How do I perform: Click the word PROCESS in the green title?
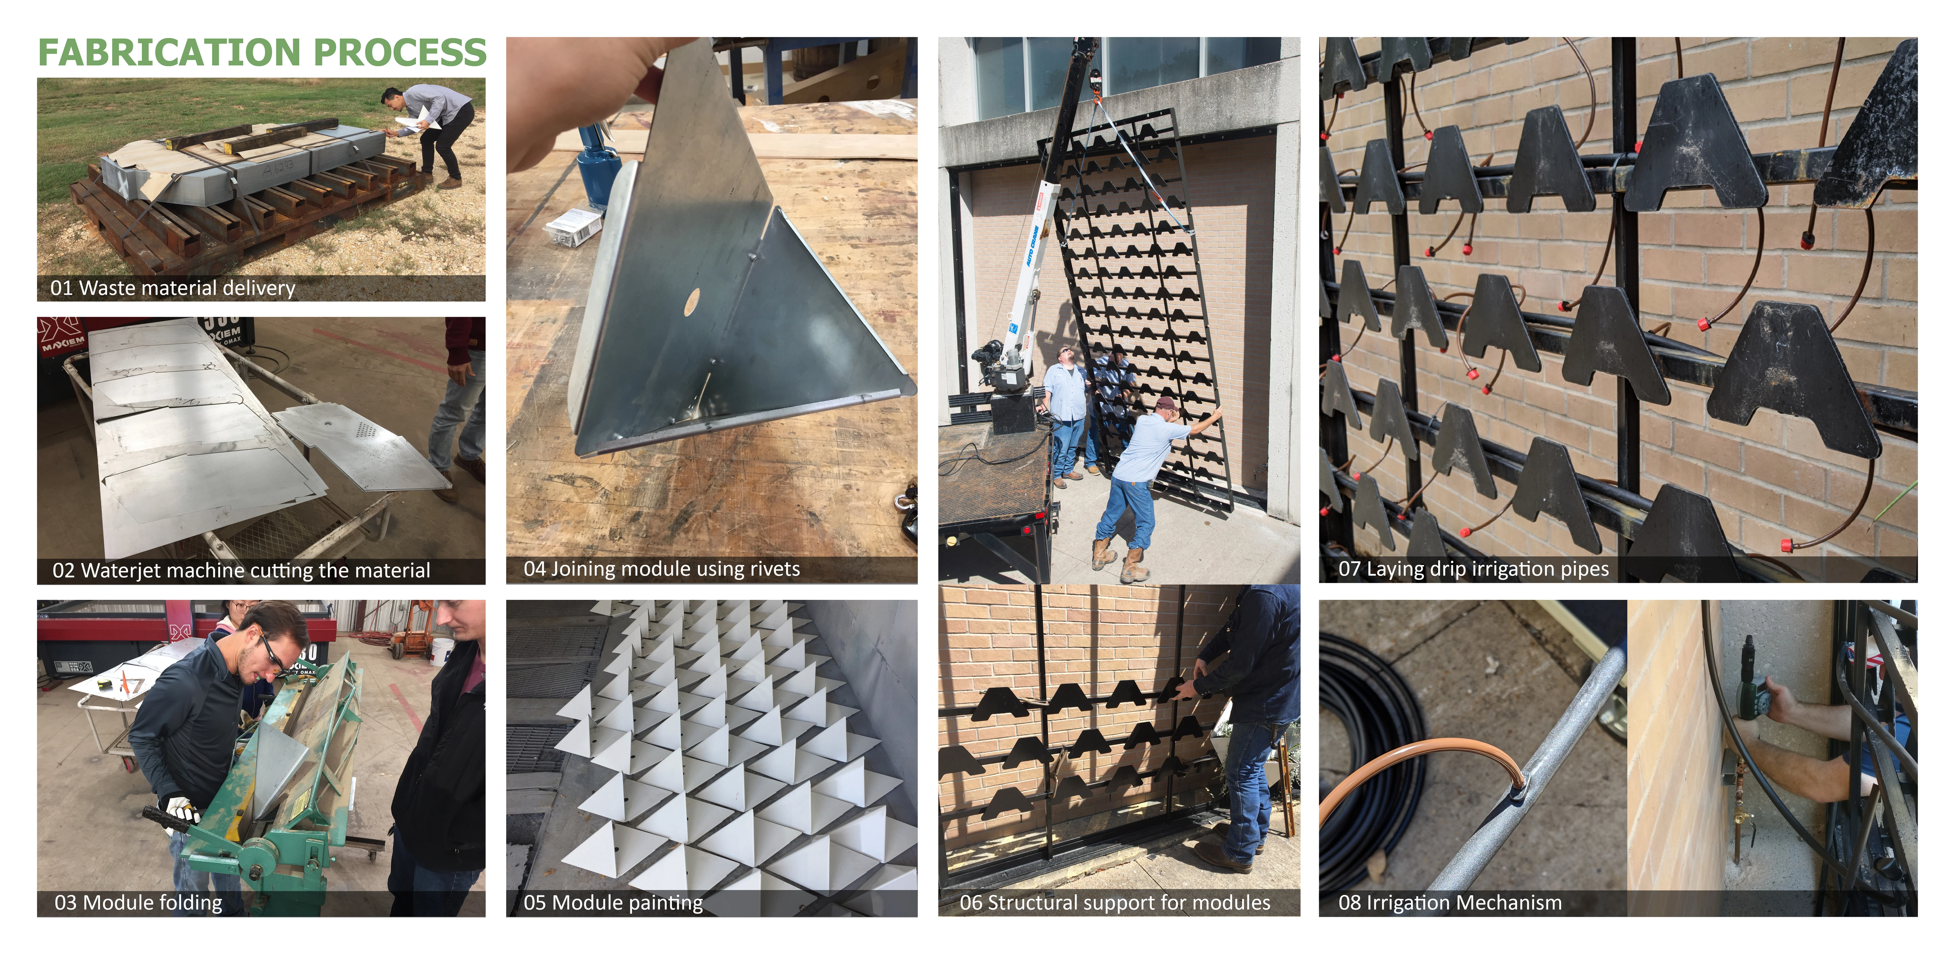pyautogui.click(x=400, y=52)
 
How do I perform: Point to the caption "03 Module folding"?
pyautogui.click(x=138, y=902)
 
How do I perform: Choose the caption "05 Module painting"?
pyautogui.click(x=613, y=902)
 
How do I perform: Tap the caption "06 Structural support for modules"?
pyautogui.click(x=1115, y=902)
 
